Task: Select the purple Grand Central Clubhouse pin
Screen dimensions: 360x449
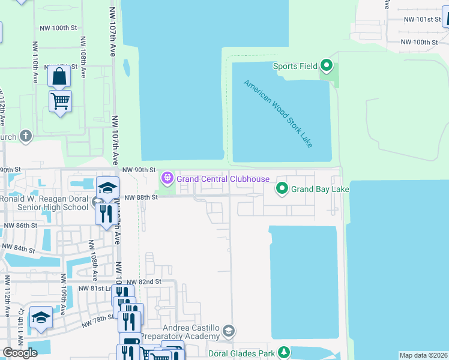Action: (x=167, y=179)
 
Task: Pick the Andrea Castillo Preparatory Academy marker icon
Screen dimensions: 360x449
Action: (x=228, y=331)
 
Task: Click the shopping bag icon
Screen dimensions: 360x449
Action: (x=59, y=77)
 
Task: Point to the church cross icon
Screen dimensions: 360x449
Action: (x=25, y=136)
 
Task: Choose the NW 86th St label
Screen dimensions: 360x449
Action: (x=20, y=226)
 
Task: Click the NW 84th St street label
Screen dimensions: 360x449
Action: (x=17, y=247)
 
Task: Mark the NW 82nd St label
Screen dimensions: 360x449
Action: (x=146, y=281)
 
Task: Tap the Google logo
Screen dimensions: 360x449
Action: (x=20, y=353)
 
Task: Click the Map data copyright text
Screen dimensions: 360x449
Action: (x=423, y=355)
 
